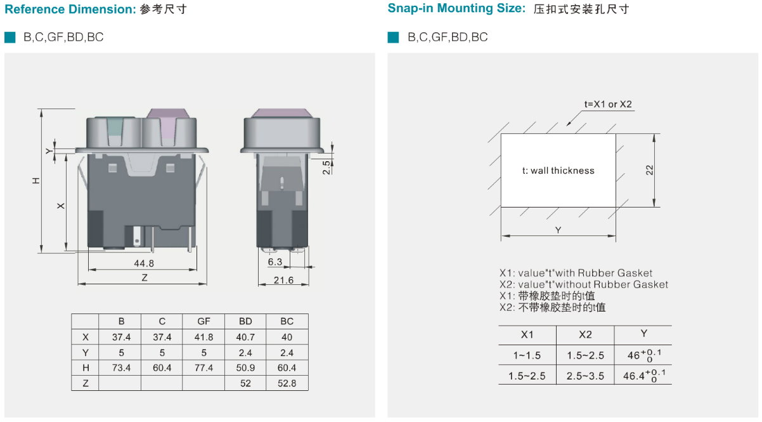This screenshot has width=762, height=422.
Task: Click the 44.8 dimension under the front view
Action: pyautogui.click(x=144, y=263)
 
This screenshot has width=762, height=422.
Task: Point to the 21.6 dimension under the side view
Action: pyautogui.click(x=283, y=280)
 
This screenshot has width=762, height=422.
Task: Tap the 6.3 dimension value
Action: pyautogui.click(x=274, y=261)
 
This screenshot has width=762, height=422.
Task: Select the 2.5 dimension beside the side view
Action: pyautogui.click(x=326, y=168)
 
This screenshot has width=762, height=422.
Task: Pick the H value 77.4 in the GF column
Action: pyautogui.click(x=203, y=367)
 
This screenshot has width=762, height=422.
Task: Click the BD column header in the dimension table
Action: pyautogui.click(x=245, y=322)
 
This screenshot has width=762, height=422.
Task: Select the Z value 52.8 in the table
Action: pyautogui.click(x=287, y=383)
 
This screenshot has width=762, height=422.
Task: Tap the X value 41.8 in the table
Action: pyautogui.click(x=203, y=337)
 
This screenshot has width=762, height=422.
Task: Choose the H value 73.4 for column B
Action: pyautogui.click(x=121, y=367)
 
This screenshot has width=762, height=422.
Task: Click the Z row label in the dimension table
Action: pyautogui.click(x=85, y=383)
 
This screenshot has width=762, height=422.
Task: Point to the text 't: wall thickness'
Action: pyautogui.click(x=558, y=170)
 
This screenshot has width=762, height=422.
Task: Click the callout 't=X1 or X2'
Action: pyautogui.click(x=608, y=105)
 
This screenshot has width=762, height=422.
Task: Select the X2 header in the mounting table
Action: pyautogui.click(x=585, y=335)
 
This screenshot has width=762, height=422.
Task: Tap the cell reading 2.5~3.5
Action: pyautogui.click(x=585, y=376)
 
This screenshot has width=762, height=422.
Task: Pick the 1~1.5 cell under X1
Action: pyautogui.click(x=527, y=355)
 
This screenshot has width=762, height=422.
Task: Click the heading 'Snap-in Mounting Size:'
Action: pyautogui.click(x=456, y=9)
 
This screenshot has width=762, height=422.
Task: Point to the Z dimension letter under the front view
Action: pyautogui.click(x=145, y=278)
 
